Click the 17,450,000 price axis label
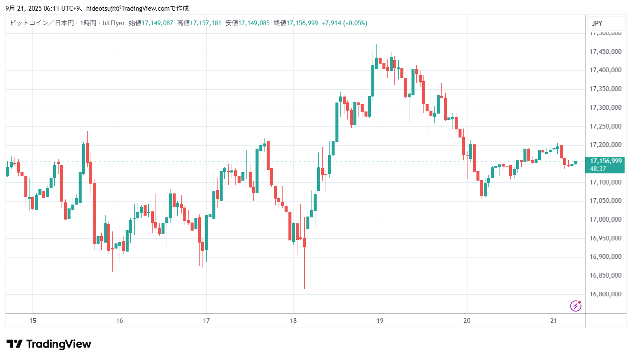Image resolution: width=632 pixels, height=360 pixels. [605, 52]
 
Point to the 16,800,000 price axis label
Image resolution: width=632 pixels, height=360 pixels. [605, 294]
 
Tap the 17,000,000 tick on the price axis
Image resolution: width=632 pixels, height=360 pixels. [605, 220]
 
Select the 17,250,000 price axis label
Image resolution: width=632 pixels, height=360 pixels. [605, 126]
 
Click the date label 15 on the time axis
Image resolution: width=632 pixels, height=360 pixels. [33, 321]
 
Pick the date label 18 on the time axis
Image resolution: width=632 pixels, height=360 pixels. [293, 321]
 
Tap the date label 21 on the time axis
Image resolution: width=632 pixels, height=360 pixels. [553, 321]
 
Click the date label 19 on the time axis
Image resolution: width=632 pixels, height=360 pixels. [380, 321]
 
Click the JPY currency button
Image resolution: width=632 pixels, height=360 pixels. [597, 23]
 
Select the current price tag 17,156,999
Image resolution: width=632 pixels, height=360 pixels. [606, 161]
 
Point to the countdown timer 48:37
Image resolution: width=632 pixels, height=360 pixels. [598, 169]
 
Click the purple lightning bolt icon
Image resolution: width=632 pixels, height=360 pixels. [576, 306]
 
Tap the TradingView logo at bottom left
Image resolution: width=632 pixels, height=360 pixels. [49, 344]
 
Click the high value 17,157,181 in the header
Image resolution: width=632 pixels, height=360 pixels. [206, 23]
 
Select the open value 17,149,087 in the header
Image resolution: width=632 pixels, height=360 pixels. [157, 23]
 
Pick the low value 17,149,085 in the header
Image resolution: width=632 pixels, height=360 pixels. [254, 23]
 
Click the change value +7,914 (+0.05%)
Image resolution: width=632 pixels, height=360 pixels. [344, 23]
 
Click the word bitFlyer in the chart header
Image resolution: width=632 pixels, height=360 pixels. [114, 23]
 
